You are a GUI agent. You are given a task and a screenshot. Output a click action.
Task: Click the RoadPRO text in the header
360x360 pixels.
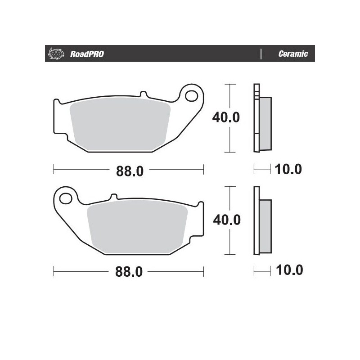[x=87, y=54]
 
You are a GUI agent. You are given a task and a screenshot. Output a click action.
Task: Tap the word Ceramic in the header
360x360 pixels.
[x=293, y=54]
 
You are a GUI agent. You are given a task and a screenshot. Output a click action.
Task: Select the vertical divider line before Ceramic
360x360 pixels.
[x=261, y=54]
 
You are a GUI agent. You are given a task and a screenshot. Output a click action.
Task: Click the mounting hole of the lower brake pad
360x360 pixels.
[x=66, y=198]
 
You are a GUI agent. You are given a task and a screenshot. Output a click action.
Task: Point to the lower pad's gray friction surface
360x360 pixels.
[x=137, y=227]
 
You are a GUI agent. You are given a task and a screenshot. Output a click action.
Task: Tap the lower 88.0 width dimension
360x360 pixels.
[x=130, y=272]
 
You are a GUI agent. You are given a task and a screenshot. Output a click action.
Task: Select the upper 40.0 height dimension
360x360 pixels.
[x=226, y=118]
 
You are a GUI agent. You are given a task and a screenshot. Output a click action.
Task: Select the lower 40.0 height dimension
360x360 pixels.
[x=226, y=220]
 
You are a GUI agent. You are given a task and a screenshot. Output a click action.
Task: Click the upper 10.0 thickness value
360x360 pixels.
[x=288, y=169]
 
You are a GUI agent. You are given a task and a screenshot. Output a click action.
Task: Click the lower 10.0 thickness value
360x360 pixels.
[x=288, y=270]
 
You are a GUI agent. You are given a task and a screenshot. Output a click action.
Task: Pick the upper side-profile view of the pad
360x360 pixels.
[x=262, y=118]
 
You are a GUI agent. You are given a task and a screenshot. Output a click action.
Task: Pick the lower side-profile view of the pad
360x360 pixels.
[x=262, y=220]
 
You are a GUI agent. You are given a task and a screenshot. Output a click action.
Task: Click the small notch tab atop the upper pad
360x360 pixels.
[x=144, y=95]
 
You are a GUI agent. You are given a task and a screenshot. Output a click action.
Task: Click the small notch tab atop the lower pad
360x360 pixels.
[x=113, y=197]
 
